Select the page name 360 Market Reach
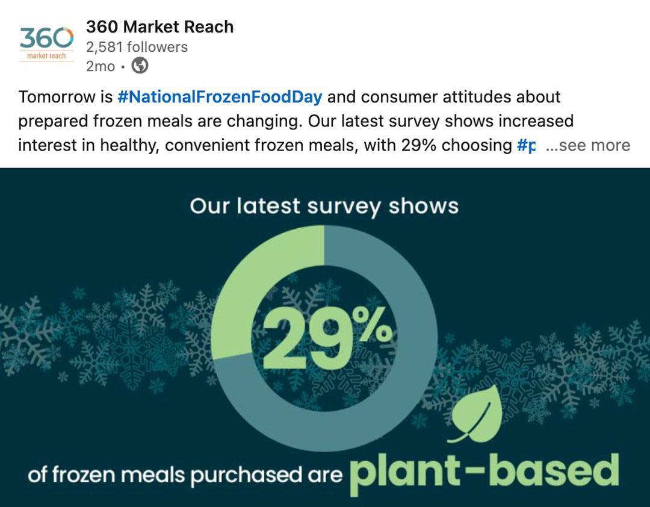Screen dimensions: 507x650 tap(159, 27)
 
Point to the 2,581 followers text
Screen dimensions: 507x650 tap(137, 47)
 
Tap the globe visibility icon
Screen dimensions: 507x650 tap(140, 66)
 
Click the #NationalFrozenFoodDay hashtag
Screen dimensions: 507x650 tap(220, 97)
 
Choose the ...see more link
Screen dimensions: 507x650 tap(588, 146)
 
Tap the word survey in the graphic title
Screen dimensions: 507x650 tap(344, 207)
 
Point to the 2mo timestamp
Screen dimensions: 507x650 tap(100, 66)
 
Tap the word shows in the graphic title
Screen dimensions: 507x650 tap(424, 207)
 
